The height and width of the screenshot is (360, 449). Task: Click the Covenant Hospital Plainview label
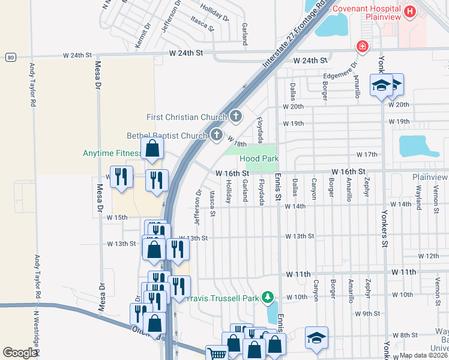[x=366, y=13]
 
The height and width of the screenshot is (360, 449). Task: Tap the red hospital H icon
[x=410, y=11]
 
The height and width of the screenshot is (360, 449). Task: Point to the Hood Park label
[x=259, y=158]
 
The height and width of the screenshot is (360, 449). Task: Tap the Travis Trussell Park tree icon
[x=270, y=297]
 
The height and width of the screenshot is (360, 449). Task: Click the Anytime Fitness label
[x=111, y=153]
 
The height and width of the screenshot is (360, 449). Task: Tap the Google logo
[x=20, y=353]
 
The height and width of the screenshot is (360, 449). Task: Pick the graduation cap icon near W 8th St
[x=316, y=337]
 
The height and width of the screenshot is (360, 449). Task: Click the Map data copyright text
[x=423, y=355]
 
